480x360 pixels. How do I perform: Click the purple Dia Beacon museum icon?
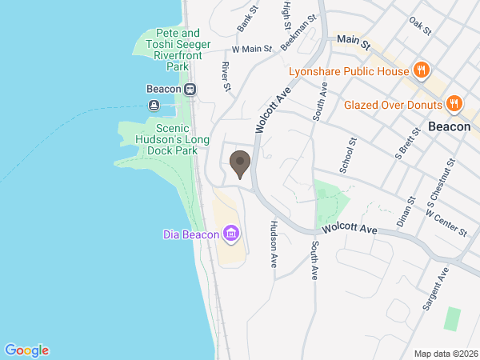coord(231,234)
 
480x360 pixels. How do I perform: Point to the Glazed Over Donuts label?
coord(393,105)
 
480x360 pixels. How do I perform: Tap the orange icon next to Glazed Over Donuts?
coord(454,102)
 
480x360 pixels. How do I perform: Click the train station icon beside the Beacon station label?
coord(190,89)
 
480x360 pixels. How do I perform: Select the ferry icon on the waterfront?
coord(154,105)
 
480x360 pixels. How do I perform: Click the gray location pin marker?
coord(239,164)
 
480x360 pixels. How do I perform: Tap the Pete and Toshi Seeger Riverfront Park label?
coord(172,50)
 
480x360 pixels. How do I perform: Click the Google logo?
coord(26,350)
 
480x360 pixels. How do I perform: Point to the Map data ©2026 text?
coord(446,354)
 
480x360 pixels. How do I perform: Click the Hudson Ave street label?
coord(273,243)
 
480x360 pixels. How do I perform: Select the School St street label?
coord(346,154)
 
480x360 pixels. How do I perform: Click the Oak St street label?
coord(420,26)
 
